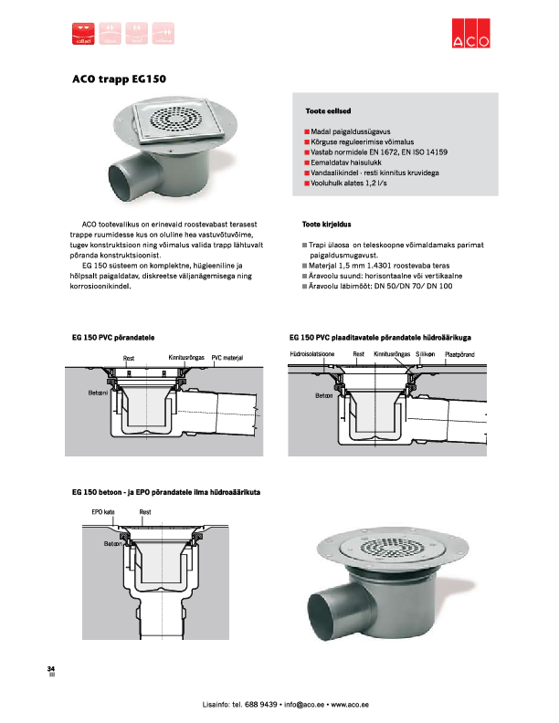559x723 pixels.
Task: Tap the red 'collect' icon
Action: click(82, 33)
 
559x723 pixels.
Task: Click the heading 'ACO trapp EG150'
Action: click(119, 79)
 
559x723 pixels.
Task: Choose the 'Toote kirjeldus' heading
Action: click(326, 224)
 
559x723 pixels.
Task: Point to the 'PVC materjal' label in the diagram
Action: click(227, 357)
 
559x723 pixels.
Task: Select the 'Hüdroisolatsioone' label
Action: click(311, 353)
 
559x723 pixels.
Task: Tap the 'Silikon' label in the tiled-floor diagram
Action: click(425, 353)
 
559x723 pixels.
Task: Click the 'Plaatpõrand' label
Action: click(459, 353)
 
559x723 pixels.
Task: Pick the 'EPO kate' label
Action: click(101, 512)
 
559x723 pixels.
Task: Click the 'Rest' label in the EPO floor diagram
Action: click(144, 512)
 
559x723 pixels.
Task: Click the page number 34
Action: click(51, 670)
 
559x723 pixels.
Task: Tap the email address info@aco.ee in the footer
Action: click(304, 705)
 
